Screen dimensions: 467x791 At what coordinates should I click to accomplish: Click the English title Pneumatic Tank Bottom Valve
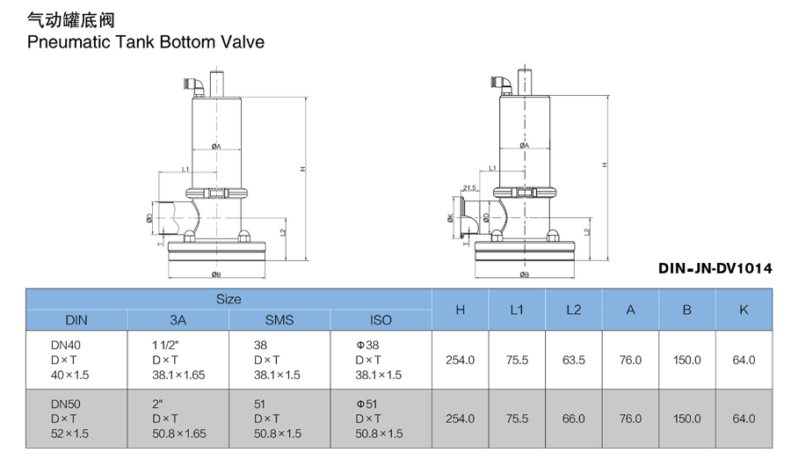coord(146,41)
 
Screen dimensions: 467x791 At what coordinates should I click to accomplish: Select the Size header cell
coord(229,299)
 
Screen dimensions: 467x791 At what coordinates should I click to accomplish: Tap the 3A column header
coord(178,320)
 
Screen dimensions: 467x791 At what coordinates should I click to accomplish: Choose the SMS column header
coord(279,320)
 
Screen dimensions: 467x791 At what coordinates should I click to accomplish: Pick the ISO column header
coord(381,320)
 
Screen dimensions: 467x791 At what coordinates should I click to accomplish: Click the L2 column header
coord(574,310)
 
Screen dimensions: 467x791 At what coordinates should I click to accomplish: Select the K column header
coord(744,310)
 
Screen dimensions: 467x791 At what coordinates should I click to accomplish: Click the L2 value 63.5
coord(574,360)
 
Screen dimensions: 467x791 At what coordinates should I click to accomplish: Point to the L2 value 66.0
coord(574,419)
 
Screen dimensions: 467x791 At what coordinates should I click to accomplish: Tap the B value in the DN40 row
coord(686,360)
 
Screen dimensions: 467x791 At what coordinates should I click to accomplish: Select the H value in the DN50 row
coord(460,419)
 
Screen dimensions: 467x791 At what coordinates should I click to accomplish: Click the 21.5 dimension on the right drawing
coord(469,187)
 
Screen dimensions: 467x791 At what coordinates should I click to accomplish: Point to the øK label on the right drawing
coord(450,218)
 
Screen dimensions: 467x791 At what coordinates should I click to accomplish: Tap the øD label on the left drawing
coord(150,217)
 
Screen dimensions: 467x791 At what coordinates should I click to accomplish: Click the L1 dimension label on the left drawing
coord(185,167)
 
